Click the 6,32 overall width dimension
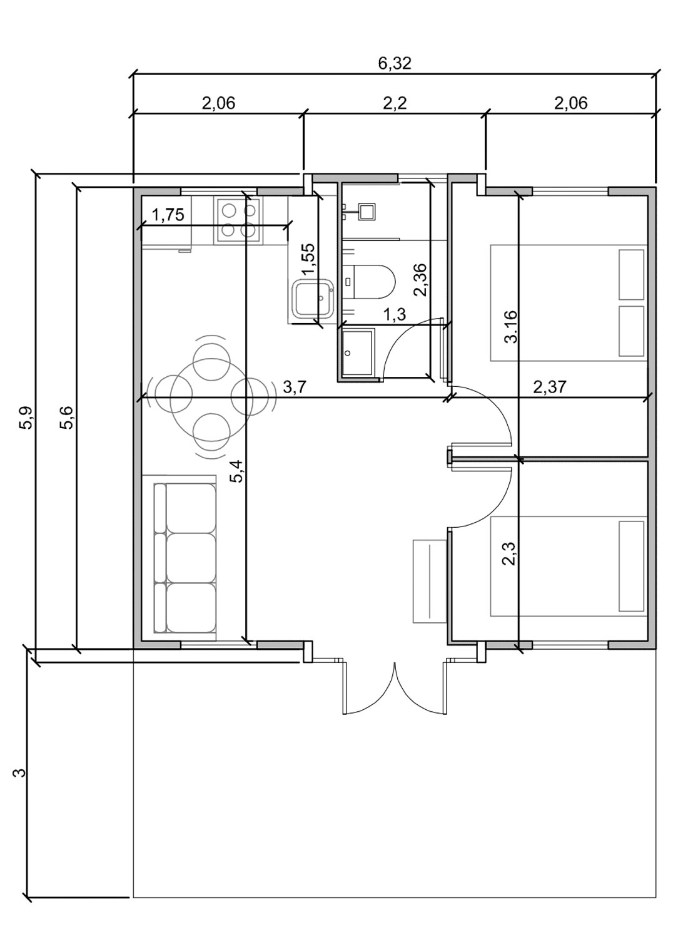[x=395, y=63]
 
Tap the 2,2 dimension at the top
[x=395, y=103]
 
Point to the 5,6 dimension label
[x=67, y=418]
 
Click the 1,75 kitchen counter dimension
[x=168, y=215]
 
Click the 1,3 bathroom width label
[x=395, y=314]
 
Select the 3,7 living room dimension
[x=294, y=387]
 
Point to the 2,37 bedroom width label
[x=549, y=387]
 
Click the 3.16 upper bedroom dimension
[x=511, y=327]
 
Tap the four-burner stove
[x=239, y=220]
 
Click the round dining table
[x=212, y=396]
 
